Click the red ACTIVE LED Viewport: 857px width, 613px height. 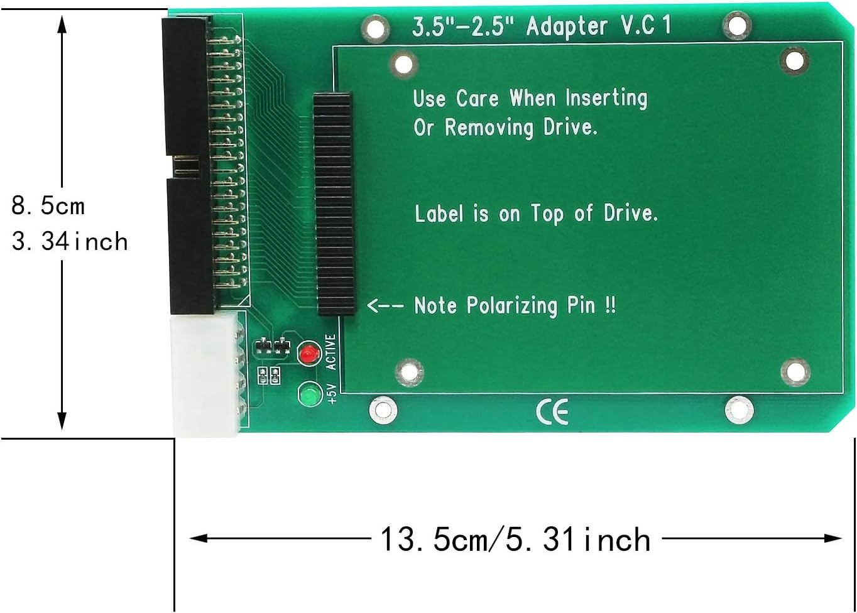pos(308,354)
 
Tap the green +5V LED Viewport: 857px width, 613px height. pos(308,396)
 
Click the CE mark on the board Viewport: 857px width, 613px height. pos(552,412)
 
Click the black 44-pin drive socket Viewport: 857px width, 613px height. pos(334,203)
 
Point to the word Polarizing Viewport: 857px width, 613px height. pos(511,306)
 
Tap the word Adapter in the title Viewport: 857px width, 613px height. pos(567,27)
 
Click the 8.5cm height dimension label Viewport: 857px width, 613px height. pos(48,205)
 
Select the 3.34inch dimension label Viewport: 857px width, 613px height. pos(69,241)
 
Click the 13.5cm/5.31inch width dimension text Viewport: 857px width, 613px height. pos(515,540)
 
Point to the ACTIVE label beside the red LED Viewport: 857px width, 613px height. pos(331,352)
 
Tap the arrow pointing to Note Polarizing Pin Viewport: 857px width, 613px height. pos(385,306)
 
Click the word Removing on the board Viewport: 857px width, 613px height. pos(489,127)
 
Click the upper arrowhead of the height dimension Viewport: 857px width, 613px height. pos(62,23)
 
